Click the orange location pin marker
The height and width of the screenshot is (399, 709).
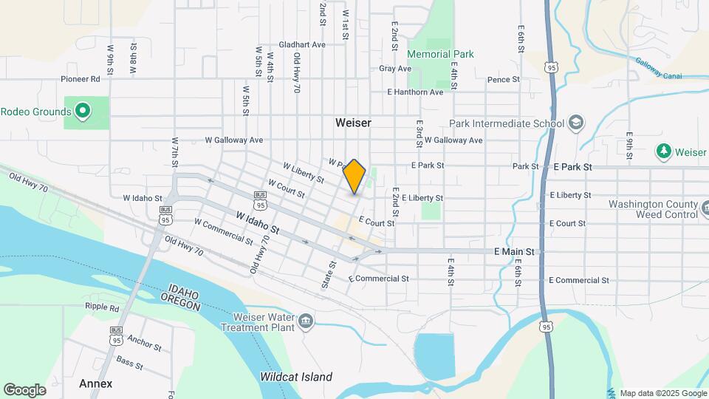pyautogui.click(x=354, y=177)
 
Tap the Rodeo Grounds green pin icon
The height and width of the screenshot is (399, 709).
pyautogui.click(x=83, y=112)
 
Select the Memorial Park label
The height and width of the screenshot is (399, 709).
pyautogui.click(x=441, y=54)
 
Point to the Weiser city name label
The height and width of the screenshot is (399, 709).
pyautogui.click(x=353, y=123)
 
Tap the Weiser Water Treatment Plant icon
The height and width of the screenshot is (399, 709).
pyautogui.click(x=306, y=321)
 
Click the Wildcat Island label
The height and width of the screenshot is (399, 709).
pyautogui.click(x=296, y=377)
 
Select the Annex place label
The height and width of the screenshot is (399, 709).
pyautogui.click(x=96, y=383)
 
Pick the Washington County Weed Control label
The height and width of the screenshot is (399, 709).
pyautogui.click(x=653, y=209)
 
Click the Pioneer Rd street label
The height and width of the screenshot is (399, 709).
pyautogui.click(x=81, y=78)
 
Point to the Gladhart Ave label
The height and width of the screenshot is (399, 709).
pyautogui.click(x=302, y=44)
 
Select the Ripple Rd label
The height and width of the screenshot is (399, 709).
pyautogui.click(x=102, y=307)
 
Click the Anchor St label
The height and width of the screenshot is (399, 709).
pyautogui.click(x=144, y=343)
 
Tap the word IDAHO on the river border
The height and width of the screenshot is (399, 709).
pyautogui.click(x=184, y=289)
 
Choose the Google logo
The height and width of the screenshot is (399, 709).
pyautogui.click(x=24, y=389)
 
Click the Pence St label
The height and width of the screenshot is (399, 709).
pyautogui.click(x=504, y=79)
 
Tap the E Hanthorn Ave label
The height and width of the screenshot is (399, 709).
pyautogui.click(x=415, y=92)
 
